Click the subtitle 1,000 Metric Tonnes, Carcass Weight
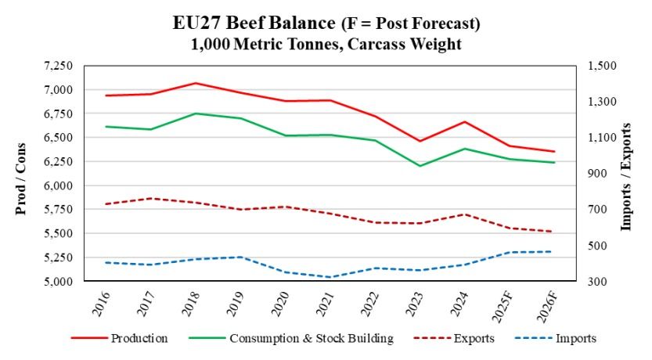(326, 44)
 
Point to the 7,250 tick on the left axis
(52, 66)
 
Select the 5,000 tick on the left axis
(52, 281)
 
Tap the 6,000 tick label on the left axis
(52, 185)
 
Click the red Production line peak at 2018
(196, 83)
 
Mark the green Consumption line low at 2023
(419, 166)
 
